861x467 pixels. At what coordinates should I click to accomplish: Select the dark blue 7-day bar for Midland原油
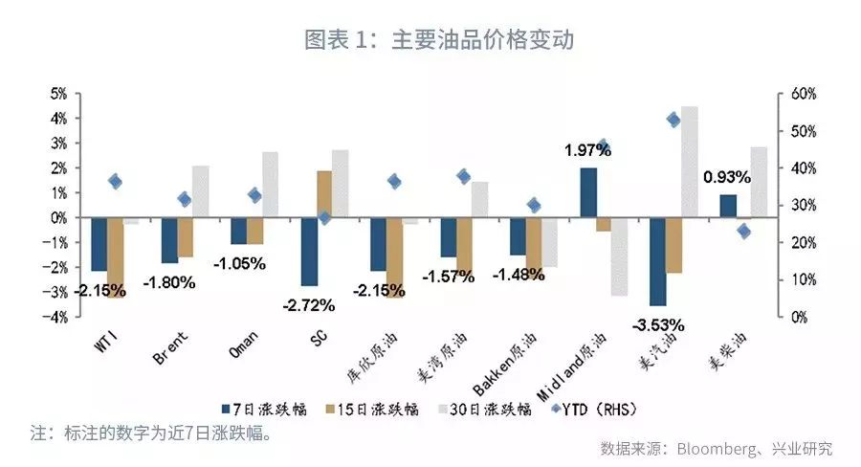coord(588,192)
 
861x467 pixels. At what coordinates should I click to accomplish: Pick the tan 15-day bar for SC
coord(324,194)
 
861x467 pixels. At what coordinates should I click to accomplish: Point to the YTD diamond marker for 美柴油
coord(744,232)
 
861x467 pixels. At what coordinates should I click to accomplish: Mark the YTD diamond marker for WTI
coord(115,181)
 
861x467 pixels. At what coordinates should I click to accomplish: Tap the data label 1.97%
coord(587,149)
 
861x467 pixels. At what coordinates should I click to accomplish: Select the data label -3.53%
coord(657,324)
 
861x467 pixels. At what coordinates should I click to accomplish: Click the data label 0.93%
coord(727,177)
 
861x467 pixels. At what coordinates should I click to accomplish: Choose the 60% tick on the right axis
coord(803,94)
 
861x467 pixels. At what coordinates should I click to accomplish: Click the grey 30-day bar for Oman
coord(271,185)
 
